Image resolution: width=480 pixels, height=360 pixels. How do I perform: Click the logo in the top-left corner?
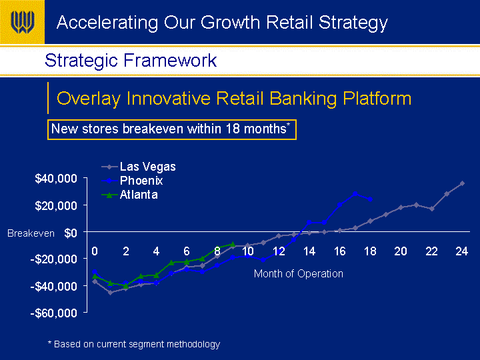(22, 22)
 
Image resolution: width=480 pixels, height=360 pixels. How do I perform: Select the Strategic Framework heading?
(131, 60)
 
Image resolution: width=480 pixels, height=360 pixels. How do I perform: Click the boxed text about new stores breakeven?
(172, 129)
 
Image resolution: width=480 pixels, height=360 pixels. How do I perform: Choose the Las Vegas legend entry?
(139, 167)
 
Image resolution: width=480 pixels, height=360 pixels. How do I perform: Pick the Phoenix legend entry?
(132, 181)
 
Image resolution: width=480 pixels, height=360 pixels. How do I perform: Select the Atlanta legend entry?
(130, 195)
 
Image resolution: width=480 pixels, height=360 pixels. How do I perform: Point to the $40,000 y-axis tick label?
(56, 178)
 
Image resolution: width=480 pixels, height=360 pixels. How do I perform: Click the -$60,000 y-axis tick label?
(54, 313)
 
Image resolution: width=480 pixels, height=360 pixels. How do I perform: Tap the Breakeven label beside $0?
(31, 233)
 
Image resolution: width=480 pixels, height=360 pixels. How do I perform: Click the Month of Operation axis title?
(299, 273)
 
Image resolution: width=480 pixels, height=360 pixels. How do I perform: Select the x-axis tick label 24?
(461, 251)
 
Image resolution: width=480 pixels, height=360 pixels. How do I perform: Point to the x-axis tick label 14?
(309, 251)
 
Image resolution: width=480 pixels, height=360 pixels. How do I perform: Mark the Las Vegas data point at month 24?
(462, 183)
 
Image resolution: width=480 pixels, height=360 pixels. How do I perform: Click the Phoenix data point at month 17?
(355, 194)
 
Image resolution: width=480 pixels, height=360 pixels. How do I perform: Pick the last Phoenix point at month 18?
(371, 199)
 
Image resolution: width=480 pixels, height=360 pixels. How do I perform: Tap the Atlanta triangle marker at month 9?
(233, 244)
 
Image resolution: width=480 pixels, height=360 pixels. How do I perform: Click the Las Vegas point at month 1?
(110, 293)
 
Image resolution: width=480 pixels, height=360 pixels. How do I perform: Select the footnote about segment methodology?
(134, 344)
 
